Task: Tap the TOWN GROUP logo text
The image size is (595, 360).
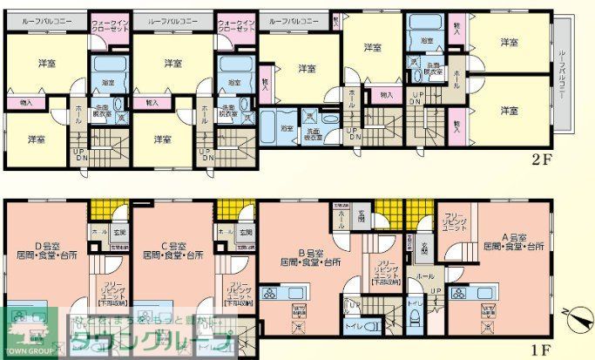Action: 29,353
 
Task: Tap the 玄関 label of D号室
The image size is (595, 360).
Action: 118,232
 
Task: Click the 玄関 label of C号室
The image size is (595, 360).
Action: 246,232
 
